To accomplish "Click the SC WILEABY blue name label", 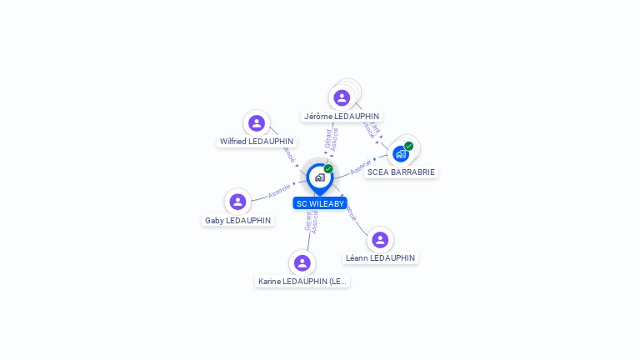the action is (x=320, y=203).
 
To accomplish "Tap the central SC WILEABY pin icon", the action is (x=319, y=177).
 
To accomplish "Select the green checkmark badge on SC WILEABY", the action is (x=328, y=169).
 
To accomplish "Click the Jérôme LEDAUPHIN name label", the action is (x=342, y=117).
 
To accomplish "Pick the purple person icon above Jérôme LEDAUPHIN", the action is (x=342, y=97).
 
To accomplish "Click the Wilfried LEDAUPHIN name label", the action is (x=257, y=142).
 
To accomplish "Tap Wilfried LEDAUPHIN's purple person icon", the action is (x=257, y=123).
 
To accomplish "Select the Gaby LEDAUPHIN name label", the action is (x=237, y=220).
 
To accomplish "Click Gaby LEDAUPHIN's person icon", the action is (x=237, y=202).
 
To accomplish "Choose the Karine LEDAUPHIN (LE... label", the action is (x=302, y=282).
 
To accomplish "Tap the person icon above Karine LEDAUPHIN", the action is (x=302, y=262).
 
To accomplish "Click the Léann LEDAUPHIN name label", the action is (x=380, y=258).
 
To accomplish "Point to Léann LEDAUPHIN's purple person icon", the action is (x=380, y=240).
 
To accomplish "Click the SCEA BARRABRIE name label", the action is (x=401, y=172).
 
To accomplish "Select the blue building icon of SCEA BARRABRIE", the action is (x=401, y=154).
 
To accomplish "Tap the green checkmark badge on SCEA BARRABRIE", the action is (x=409, y=146).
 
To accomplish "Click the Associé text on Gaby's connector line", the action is (x=280, y=191).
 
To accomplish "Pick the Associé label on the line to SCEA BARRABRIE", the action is (x=361, y=167).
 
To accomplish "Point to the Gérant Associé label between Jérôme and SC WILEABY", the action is (x=332, y=139).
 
